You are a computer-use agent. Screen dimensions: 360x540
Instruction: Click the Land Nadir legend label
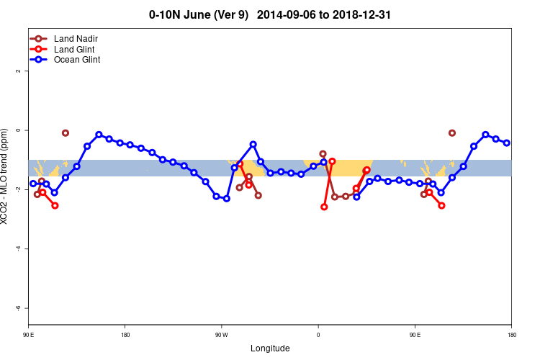[x=76, y=38]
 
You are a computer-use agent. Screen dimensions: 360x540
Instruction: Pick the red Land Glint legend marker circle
[x=39, y=49]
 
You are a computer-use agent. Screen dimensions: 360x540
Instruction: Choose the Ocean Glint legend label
[x=77, y=60]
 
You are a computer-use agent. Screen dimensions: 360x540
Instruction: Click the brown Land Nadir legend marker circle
[x=39, y=38]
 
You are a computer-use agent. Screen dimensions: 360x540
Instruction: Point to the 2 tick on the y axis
[x=18, y=71]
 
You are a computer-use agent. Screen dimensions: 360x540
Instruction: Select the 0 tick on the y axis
[x=18, y=130]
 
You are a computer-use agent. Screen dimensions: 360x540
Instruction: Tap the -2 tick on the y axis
[x=18, y=189]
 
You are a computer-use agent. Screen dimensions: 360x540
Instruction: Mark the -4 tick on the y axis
[x=18, y=248]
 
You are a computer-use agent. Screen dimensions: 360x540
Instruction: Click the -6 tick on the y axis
[x=18, y=307]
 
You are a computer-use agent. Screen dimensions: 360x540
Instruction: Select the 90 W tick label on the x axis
[x=221, y=335]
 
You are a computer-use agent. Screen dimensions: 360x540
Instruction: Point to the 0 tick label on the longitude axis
[x=318, y=335]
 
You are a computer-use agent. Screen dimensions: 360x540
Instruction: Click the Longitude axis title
[x=270, y=348]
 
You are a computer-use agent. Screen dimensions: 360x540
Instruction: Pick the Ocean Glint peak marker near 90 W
[x=253, y=145]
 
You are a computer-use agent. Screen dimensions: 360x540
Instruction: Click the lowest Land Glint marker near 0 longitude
[x=324, y=207]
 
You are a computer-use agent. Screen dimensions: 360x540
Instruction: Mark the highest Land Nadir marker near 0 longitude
[x=323, y=154]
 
